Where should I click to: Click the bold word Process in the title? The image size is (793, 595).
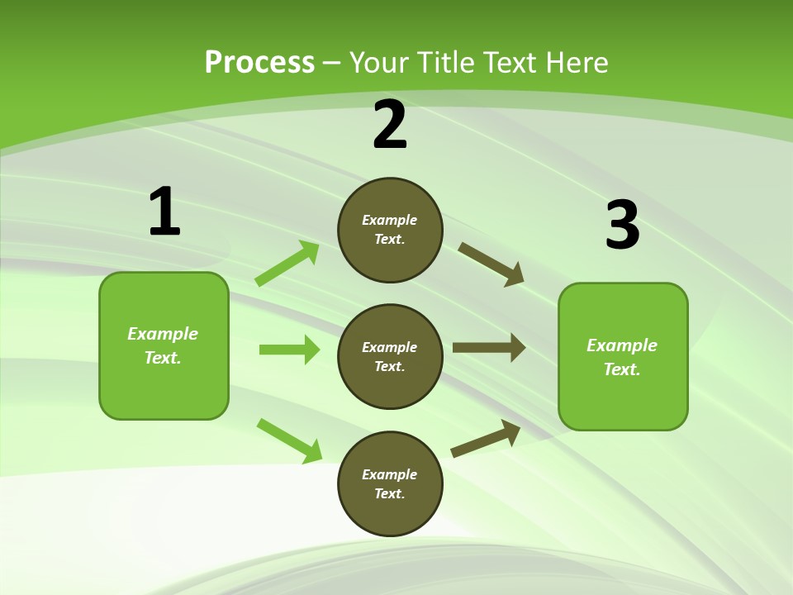(x=259, y=63)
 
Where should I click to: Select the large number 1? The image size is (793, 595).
(x=164, y=212)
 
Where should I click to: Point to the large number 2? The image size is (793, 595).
(x=390, y=126)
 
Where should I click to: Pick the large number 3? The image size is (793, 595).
(x=622, y=226)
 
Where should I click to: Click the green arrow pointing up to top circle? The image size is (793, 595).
(x=287, y=264)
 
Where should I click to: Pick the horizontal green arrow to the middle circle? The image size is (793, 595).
(x=289, y=350)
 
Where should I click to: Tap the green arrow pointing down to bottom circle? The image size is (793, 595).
(x=289, y=440)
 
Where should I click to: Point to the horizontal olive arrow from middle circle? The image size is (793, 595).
(x=489, y=348)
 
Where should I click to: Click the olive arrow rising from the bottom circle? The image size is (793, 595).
(x=486, y=438)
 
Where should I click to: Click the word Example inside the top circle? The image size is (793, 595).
(x=390, y=220)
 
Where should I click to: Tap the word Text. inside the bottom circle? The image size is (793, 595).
(x=390, y=493)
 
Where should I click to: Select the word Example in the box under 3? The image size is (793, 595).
(x=622, y=345)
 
